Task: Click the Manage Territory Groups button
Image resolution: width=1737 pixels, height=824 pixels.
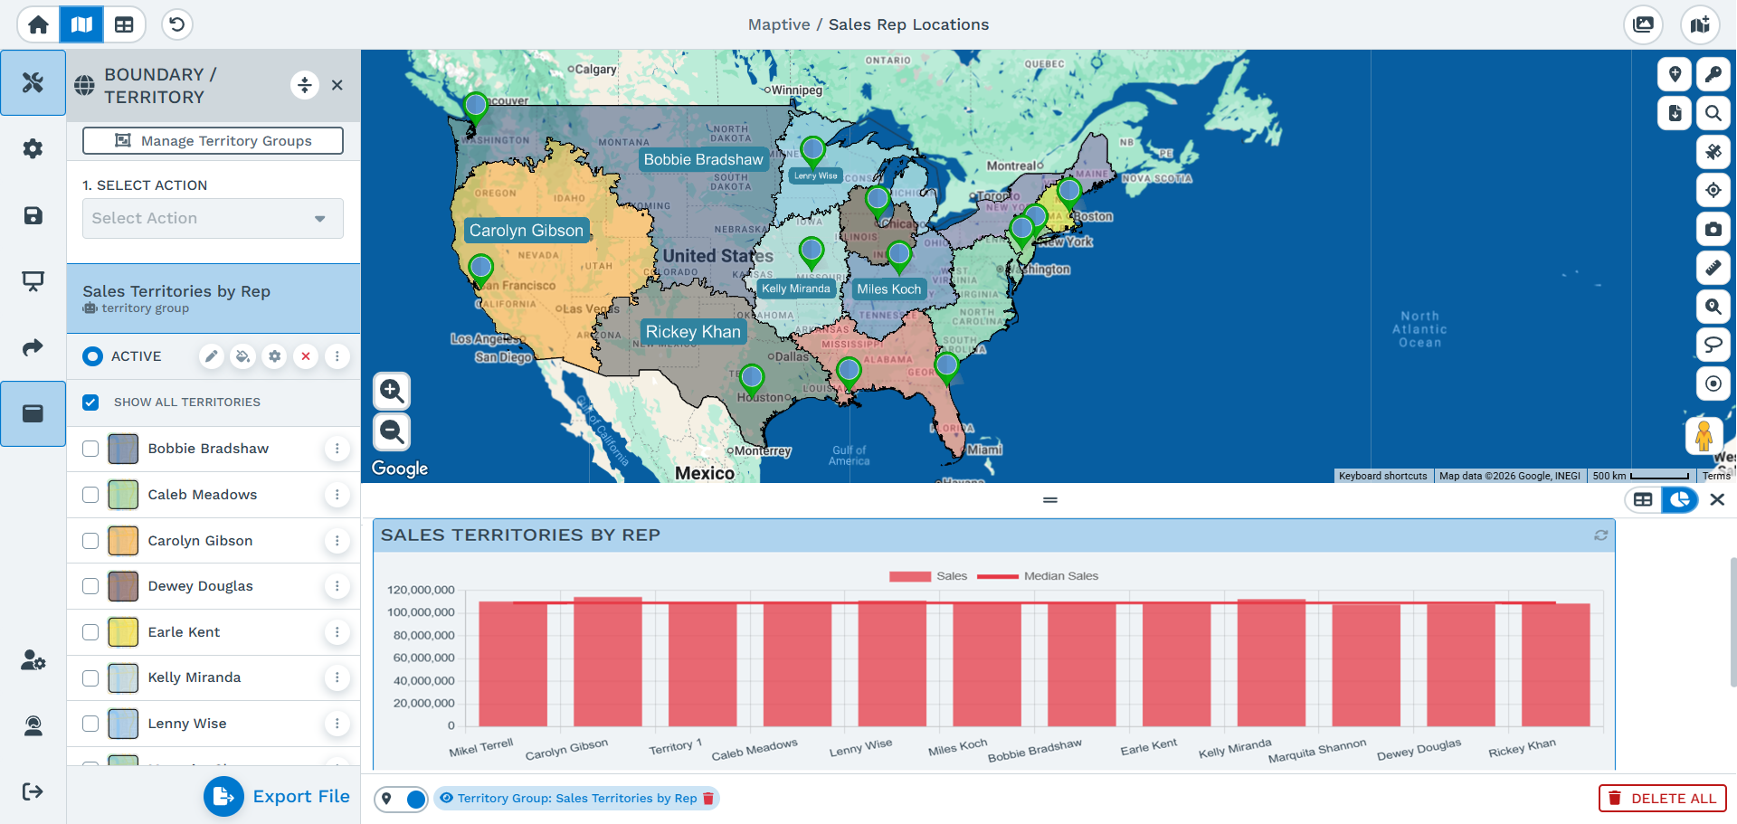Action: point(213,140)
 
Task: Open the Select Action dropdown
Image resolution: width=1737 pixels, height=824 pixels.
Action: point(213,219)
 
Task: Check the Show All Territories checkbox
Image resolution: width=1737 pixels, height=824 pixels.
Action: point(90,403)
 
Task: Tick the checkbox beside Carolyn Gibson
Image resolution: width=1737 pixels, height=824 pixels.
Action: point(90,541)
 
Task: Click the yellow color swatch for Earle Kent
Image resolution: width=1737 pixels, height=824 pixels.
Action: point(123,632)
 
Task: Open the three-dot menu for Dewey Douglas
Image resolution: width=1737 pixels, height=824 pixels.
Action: point(337,586)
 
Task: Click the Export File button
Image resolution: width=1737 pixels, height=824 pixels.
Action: point(277,797)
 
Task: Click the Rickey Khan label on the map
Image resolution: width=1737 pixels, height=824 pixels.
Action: point(693,332)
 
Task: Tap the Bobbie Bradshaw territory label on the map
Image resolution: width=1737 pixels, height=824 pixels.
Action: point(703,160)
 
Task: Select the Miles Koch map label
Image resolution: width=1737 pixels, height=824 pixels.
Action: point(888,289)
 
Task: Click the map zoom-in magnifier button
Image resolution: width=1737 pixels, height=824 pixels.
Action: point(392,391)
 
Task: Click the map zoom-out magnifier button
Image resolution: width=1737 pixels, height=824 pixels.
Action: point(392,432)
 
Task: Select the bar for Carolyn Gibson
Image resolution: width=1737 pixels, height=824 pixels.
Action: point(608,662)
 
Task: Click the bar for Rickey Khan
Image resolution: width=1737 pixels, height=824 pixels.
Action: point(1555,665)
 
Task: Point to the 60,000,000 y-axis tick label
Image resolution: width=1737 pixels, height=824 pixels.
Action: point(423,658)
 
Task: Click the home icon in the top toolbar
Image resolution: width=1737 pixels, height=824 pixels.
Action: point(38,24)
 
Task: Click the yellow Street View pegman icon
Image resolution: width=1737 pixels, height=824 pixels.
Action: point(1704,436)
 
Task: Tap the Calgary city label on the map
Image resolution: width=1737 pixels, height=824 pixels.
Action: point(594,69)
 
